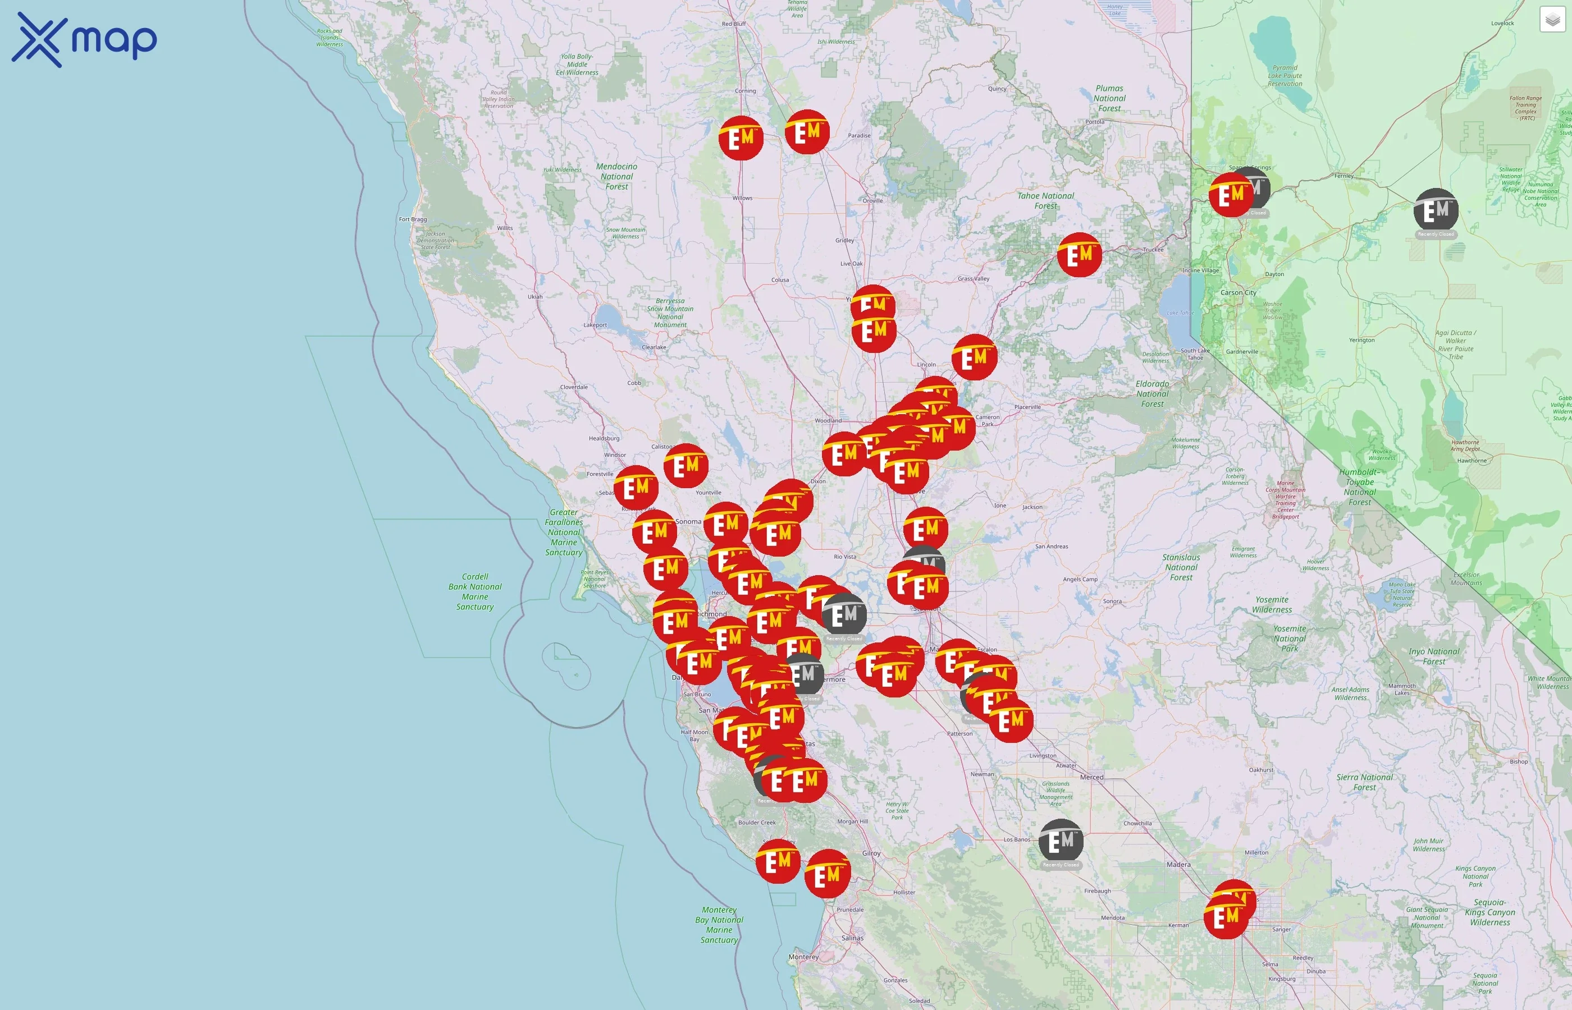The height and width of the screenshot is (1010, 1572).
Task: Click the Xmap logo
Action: pyautogui.click(x=84, y=40)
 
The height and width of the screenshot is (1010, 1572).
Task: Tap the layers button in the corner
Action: pyautogui.click(x=1552, y=20)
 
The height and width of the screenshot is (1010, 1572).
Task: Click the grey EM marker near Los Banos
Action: pyautogui.click(x=1060, y=841)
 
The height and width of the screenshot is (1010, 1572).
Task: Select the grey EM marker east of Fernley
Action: pyautogui.click(x=1436, y=210)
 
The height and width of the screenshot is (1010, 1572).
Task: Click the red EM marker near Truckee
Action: pyautogui.click(x=1079, y=255)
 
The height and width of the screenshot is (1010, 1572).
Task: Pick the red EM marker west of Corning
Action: pyautogui.click(x=741, y=137)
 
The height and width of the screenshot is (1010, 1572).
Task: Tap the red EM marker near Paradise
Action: pyautogui.click(x=807, y=132)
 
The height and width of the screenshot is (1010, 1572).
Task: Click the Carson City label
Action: pyautogui.click(x=1238, y=292)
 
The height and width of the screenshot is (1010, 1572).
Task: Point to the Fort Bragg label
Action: pyautogui.click(x=413, y=219)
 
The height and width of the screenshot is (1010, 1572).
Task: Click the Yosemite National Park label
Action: pyautogui.click(x=1289, y=638)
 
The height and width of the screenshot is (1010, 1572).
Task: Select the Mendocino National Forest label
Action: pyautogui.click(x=616, y=176)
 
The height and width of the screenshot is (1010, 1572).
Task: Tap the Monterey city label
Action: pyautogui.click(x=803, y=957)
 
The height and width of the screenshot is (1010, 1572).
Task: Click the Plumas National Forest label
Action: pyautogui.click(x=1109, y=98)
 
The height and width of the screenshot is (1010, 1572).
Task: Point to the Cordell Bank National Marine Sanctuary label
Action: pyautogui.click(x=475, y=591)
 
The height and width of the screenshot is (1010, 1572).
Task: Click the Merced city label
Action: pyautogui.click(x=1092, y=777)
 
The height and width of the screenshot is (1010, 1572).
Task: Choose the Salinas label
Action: pyautogui.click(x=852, y=938)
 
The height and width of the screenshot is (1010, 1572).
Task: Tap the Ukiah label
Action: pyautogui.click(x=536, y=296)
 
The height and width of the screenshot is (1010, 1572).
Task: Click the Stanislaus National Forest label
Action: pyautogui.click(x=1181, y=567)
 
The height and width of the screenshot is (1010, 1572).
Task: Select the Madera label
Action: pyautogui.click(x=1178, y=865)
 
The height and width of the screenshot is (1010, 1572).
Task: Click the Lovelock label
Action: pyautogui.click(x=1502, y=23)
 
